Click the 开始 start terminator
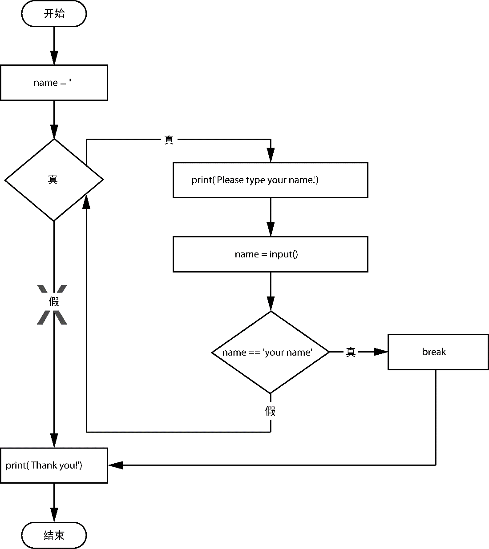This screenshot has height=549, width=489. pos(54,13)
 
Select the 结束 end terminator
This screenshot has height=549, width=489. pos(54,535)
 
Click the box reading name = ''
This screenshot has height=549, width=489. pos(54,83)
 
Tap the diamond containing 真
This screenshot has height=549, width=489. pos(54,180)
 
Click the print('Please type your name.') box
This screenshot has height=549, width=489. pos(271,180)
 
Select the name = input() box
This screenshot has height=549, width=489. pos(271,254)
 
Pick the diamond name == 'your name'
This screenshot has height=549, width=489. pos(271,352)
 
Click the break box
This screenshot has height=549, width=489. pos(438,352)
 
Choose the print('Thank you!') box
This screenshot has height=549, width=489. pos(54,465)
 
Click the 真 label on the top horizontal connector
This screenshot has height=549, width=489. pos(169,140)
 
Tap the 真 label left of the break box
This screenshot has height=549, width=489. pos(351,352)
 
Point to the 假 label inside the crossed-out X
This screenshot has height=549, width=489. pos(54,301)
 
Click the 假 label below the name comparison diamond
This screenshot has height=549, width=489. pos(270,411)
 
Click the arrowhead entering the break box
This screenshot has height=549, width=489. pos(381,352)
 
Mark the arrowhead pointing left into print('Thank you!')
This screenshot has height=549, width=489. pos(116,465)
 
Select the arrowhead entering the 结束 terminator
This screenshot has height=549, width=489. pos(54,515)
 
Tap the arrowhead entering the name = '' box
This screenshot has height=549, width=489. pos(54,57)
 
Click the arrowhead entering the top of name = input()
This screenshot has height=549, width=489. pos(271,229)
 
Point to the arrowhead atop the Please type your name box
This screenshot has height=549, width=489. pos(271,155)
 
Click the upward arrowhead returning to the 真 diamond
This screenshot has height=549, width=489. pos(86,202)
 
